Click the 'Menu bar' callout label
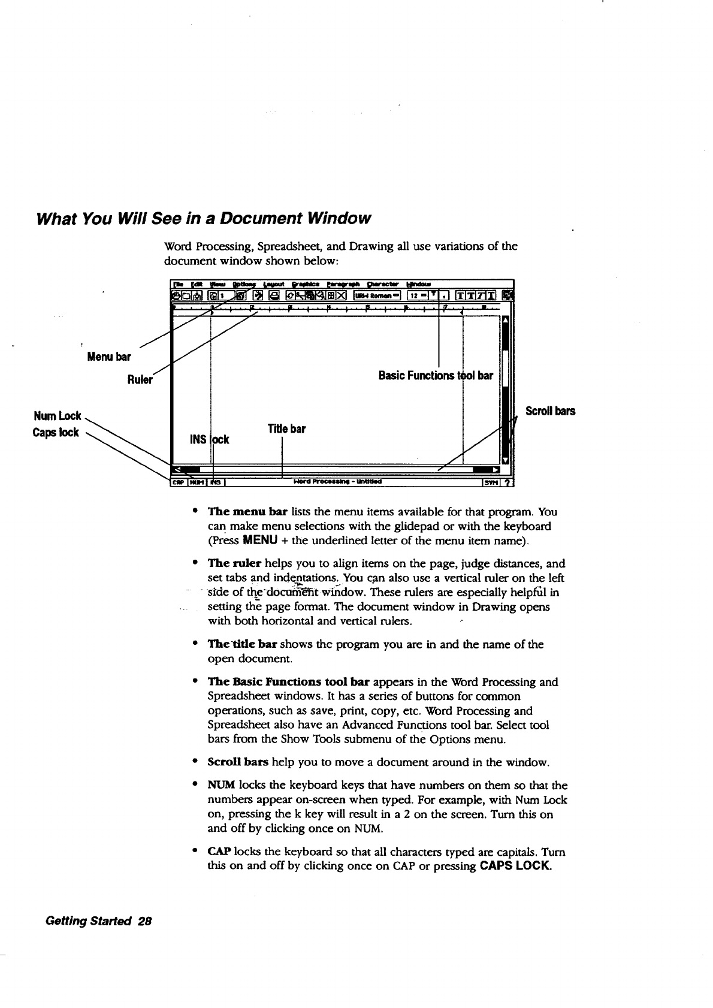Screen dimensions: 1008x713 pos(108,357)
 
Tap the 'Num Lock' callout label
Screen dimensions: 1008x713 pos(58,416)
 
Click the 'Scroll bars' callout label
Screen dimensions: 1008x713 pos(550,411)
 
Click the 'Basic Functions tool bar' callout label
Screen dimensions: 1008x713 pos(436,376)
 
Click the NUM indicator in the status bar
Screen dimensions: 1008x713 pos(197,481)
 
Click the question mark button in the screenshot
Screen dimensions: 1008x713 pos(507,481)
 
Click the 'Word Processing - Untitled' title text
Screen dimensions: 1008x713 pos(338,481)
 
